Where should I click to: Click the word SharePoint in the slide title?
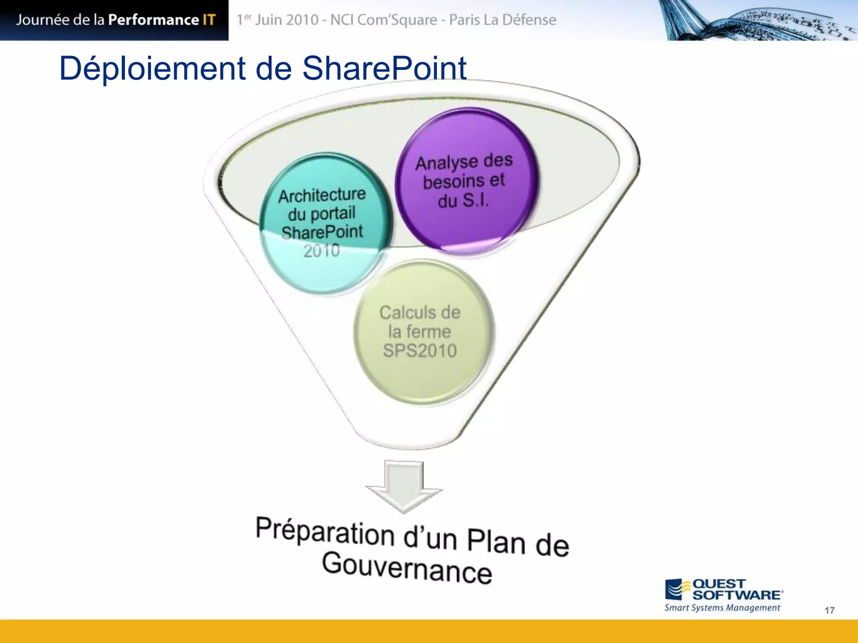384,68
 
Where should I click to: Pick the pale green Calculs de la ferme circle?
421,332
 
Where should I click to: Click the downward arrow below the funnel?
404,486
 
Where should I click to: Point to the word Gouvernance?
406,568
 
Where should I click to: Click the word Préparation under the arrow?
325,532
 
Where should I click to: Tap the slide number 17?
829,610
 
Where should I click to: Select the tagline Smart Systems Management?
722,608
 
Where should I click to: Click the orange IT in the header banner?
209,20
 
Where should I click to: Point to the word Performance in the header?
153,20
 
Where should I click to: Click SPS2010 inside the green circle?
420,351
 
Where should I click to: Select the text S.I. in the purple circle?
476,200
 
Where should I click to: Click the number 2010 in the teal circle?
321,251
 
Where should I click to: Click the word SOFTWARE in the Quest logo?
737,595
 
